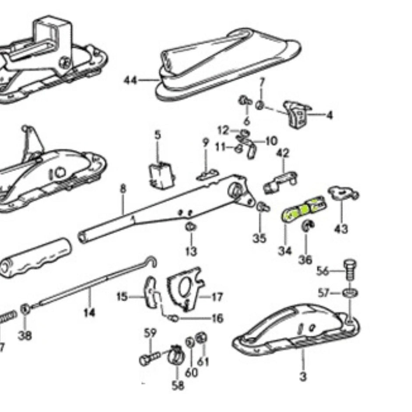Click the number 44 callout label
[130, 80]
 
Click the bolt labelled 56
[350, 269]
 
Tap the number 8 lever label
[123, 189]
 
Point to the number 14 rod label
[89, 314]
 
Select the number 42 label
[284, 153]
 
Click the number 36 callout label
[305, 259]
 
